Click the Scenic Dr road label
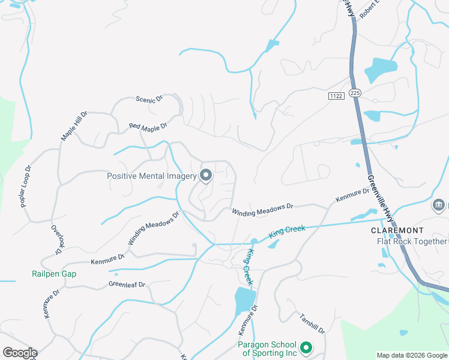click(x=149, y=100)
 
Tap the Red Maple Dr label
click(x=148, y=127)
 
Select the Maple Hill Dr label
click(x=74, y=125)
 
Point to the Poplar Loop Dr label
click(x=25, y=187)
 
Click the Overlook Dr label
click(x=56, y=238)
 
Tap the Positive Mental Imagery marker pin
click(x=206, y=175)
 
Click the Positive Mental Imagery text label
click(x=151, y=176)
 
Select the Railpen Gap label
click(x=54, y=274)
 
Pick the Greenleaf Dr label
click(x=127, y=284)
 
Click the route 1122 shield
click(x=336, y=95)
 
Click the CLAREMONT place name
click(x=397, y=230)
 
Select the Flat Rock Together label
click(x=412, y=241)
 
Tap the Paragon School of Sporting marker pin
click(x=306, y=347)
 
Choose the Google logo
click(x=20, y=353)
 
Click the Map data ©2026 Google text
click(x=412, y=355)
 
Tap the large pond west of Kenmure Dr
click(x=243, y=299)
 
